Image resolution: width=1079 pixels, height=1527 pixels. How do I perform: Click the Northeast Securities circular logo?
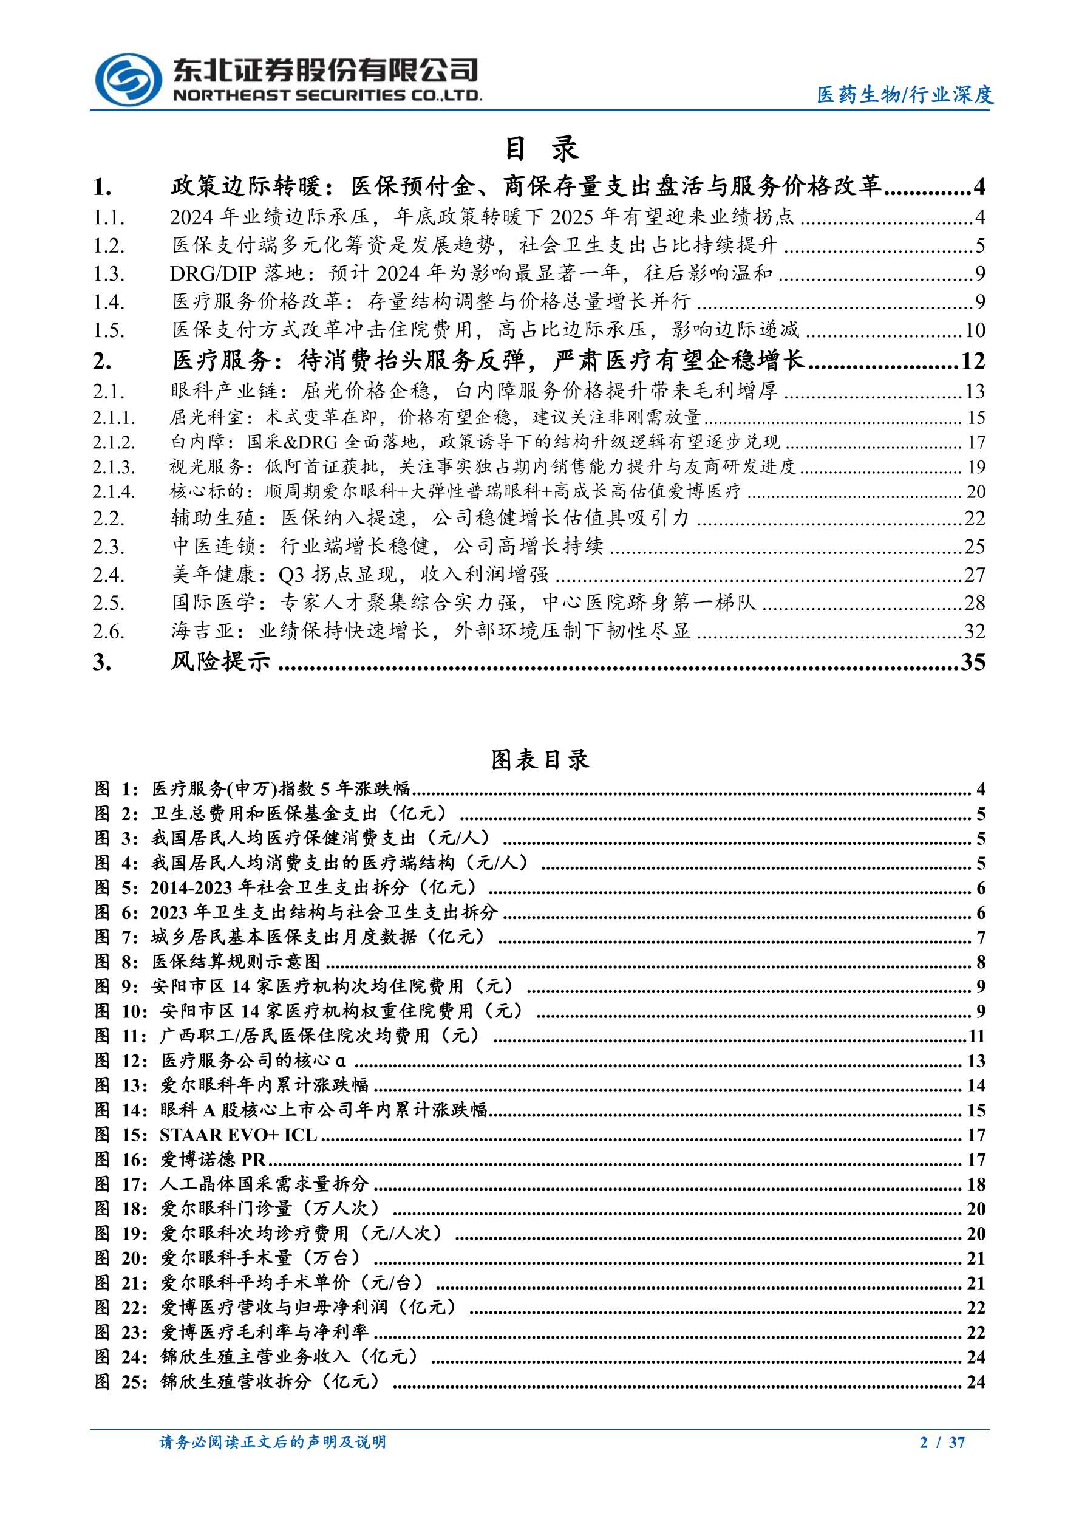tap(128, 79)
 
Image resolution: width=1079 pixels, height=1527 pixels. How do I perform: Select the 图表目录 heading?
tap(540, 759)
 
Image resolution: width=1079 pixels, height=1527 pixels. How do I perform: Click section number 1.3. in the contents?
tap(109, 273)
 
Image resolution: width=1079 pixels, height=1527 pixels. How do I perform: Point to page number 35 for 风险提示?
tap(973, 661)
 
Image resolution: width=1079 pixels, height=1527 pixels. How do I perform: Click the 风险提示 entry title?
tap(221, 661)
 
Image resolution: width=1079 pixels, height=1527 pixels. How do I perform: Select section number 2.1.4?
tap(114, 491)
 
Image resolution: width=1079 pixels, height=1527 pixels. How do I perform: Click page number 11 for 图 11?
tap(976, 1036)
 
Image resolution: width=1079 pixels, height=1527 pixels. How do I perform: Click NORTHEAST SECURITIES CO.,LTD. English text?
tap(327, 96)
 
